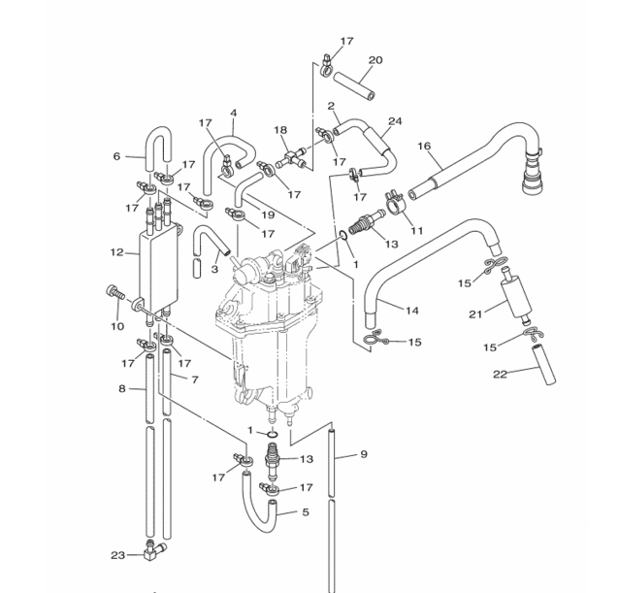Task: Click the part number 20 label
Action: [x=375, y=60]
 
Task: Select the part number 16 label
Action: [x=424, y=147]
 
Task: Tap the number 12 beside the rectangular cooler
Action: [x=116, y=252]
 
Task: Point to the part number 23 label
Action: [x=117, y=555]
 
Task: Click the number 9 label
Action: [x=364, y=454]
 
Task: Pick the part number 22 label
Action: [x=500, y=374]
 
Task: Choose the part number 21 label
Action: [x=475, y=314]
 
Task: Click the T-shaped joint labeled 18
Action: [x=292, y=158]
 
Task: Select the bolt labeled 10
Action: [x=114, y=293]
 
